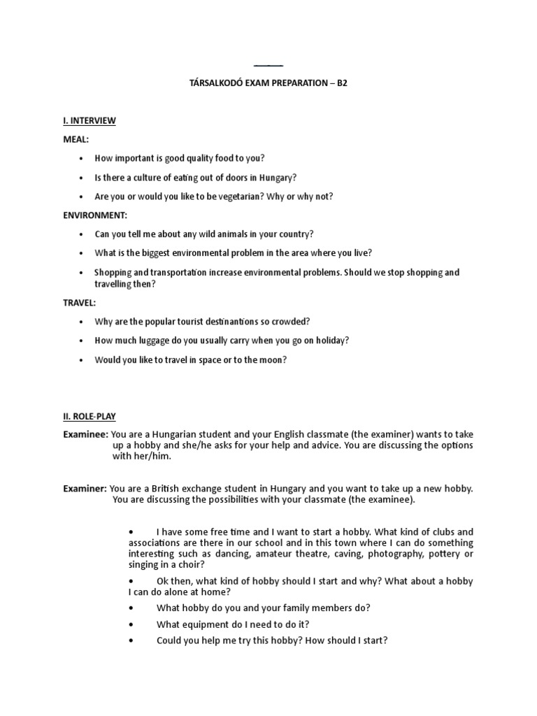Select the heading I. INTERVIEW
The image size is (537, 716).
tap(89, 121)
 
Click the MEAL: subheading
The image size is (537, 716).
tap(76, 140)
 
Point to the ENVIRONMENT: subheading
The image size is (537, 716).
tap(95, 215)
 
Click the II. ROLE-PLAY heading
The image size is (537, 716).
tap(89, 416)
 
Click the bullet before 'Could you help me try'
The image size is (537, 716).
tap(131, 640)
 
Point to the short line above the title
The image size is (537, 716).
tap(268, 65)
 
